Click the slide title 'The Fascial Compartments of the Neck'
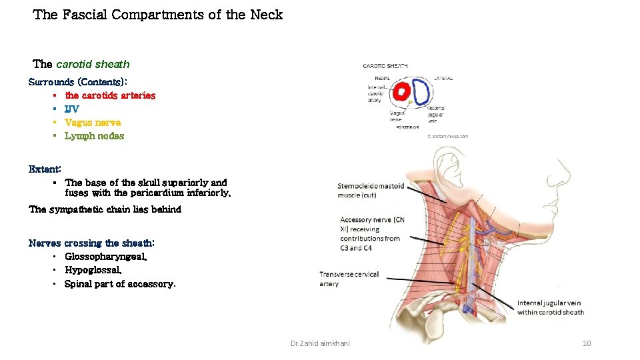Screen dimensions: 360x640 point(158,15)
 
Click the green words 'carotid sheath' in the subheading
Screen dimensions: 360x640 point(93,65)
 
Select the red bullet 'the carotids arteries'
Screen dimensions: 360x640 point(110,95)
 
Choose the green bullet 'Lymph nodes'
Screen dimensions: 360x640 point(94,136)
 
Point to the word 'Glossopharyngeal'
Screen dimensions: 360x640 point(105,257)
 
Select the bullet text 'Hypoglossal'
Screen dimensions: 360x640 point(93,270)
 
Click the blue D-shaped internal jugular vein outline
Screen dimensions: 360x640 point(421,93)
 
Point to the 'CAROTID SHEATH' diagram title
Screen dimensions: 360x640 point(385,66)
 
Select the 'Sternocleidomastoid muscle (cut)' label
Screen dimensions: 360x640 point(371,191)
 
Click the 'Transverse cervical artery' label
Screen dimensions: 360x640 point(349,279)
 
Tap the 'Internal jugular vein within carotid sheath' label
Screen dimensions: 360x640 point(551,308)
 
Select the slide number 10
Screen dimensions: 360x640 point(587,343)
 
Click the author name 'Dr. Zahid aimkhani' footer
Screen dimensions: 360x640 point(321,343)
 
